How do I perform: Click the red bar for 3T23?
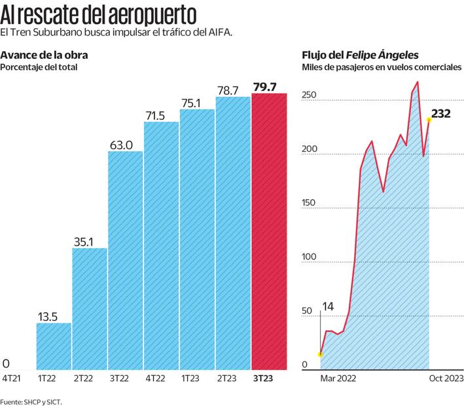click(269, 232)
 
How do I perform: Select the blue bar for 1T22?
click(54, 346)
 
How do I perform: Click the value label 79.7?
click(268, 86)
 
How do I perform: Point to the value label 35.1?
click(89, 240)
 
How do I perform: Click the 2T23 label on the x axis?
click(233, 378)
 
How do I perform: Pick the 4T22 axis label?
click(161, 378)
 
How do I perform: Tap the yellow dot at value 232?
click(429, 119)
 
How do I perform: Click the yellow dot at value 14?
click(321, 354)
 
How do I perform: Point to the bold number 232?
click(442, 113)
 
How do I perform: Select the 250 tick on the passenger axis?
click(309, 96)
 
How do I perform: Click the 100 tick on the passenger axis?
click(309, 257)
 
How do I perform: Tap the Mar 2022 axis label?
click(338, 378)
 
